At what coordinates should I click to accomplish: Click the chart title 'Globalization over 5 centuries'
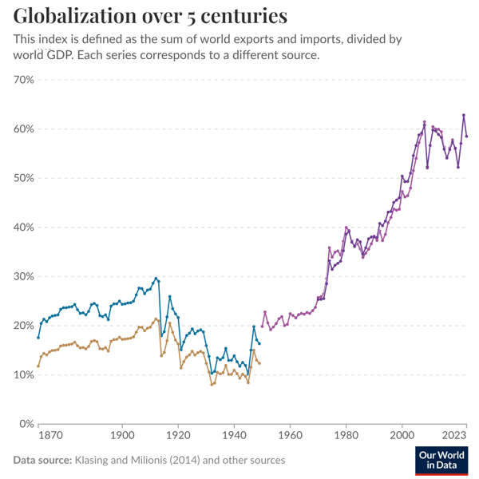pos(151,16)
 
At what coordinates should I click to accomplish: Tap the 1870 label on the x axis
pos(49,437)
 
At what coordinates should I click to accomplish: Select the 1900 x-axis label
pos(121,437)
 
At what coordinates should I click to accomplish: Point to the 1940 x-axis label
pos(233,437)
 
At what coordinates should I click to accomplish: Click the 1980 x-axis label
pos(346,437)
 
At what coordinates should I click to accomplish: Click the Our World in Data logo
pos(441,461)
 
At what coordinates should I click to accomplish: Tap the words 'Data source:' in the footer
pos(42,461)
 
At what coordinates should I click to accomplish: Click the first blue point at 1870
pos(38,337)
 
